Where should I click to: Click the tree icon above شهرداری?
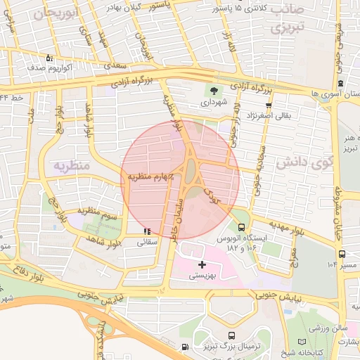pyautogui.click(x=212, y=90)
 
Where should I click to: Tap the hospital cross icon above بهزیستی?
pyautogui.click(x=203, y=265)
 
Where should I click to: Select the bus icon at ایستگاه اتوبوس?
pyautogui.click(x=242, y=228)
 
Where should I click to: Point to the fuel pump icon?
pyautogui.click(x=184, y=347)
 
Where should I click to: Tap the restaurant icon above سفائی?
pyautogui.click(x=146, y=231)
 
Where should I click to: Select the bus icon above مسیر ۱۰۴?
pyautogui.click(x=342, y=254)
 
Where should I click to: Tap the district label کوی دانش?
pyautogui.click(x=303, y=162)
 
